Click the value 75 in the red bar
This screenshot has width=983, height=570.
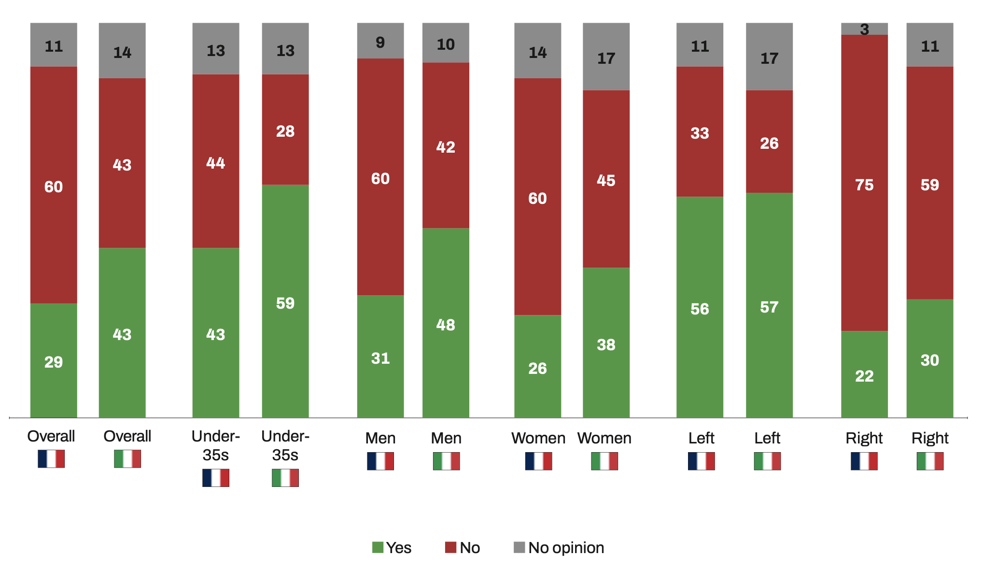[x=864, y=185]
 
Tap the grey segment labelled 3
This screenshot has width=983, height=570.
[x=864, y=29]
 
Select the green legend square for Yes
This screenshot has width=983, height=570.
[x=378, y=547]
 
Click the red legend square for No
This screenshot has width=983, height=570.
[x=450, y=547]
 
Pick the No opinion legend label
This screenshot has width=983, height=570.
[x=566, y=548]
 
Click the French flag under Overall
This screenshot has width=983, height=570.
[x=51, y=458]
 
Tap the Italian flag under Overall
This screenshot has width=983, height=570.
[x=127, y=458]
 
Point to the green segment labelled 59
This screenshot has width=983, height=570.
[x=285, y=303]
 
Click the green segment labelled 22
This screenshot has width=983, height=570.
[x=864, y=375]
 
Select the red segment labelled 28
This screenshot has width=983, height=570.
[x=285, y=130]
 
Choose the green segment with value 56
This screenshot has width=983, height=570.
[x=700, y=308]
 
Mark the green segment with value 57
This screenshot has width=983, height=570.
[x=769, y=306]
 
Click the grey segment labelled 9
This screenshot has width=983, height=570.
[x=380, y=42]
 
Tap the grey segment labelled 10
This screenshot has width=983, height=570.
[x=446, y=43]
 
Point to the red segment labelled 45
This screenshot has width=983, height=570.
[x=606, y=180]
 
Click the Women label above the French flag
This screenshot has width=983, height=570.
[x=538, y=438]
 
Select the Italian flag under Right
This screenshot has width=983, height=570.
[x=930, y=461]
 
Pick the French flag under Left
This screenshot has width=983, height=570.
[x=701, y=461]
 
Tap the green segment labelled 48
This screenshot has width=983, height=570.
[x=446, y=324]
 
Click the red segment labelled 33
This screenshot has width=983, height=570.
[x=700, y=132]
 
